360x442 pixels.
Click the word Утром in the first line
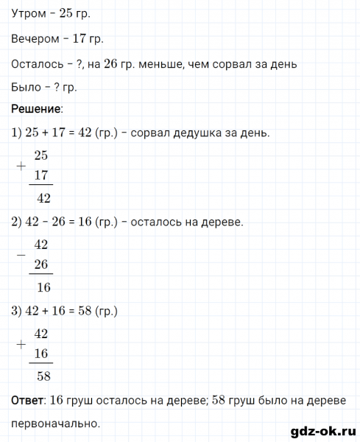coord(30,15)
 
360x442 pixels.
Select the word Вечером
coord(36,39)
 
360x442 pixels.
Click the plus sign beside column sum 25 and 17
coord(19,166)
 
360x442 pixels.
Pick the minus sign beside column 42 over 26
coord(19,255)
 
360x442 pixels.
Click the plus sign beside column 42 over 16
coord(19,344)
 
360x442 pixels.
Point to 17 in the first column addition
coord(41,176)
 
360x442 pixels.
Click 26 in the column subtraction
coord(41,264)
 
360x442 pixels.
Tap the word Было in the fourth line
coord(27,87)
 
